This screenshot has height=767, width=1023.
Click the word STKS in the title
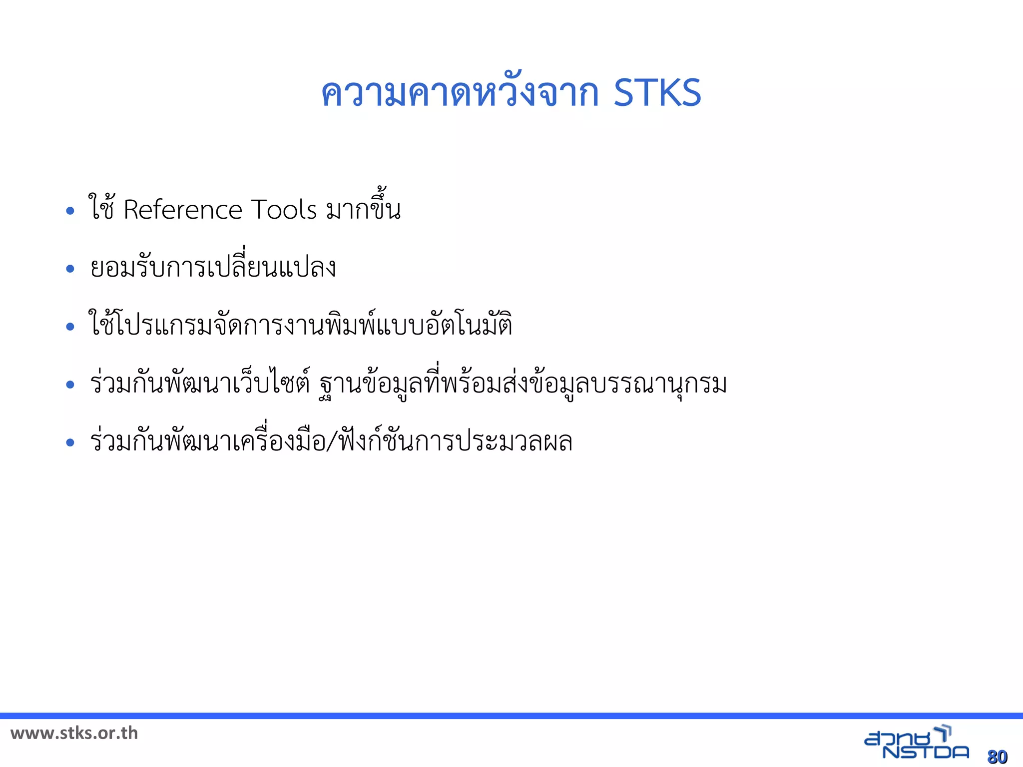[x=657, y=93]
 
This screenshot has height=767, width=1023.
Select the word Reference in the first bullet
[x=182, y=210]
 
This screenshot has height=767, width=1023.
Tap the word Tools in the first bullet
[x=284, y=210]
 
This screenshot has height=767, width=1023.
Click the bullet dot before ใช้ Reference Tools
[x=70, y=211]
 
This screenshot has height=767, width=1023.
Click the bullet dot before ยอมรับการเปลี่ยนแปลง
[x=70, y=269]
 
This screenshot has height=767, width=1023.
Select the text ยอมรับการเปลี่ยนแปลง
[x=213, y=267]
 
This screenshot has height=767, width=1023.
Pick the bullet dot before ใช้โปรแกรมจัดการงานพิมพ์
[x=70, y=327]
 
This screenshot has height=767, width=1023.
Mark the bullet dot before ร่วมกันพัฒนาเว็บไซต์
[x=70, y=384]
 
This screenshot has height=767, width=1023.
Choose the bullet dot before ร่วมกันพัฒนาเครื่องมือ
[x=70, y=442]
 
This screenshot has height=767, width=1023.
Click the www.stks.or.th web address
[x=74, y=733]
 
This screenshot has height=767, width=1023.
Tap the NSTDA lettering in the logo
[x=926, y=752]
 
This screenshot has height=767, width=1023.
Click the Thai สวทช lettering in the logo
[x=899, y=738]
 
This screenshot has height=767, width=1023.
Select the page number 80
[x=997, y=757]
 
